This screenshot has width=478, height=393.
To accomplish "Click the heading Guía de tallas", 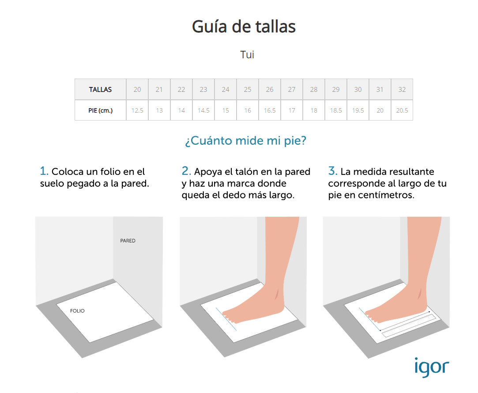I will coord(244,27).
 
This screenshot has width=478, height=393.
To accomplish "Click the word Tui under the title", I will coord(247,55).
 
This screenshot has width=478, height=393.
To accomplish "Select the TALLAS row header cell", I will coord(100,90).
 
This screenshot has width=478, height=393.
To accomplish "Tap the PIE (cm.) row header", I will coord(100,110).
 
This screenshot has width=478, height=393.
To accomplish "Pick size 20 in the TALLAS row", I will coord(137,90).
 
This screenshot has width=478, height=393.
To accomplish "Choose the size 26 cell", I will coord(270,90).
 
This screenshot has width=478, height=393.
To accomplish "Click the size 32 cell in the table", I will coord(402,90).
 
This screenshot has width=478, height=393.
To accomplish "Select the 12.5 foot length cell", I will coord(137,110).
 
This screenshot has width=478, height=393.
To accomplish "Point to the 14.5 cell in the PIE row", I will coord(203,110).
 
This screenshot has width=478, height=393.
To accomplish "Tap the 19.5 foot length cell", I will coord(358,110).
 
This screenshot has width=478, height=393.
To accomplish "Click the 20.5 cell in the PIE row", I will coord(402,110).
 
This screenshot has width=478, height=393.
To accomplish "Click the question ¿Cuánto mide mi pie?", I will coord(245,141).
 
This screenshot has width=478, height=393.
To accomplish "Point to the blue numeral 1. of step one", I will coord(44,171).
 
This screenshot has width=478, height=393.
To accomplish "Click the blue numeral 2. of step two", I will coord(186,171).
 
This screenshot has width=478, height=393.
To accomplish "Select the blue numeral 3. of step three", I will coord(333,171).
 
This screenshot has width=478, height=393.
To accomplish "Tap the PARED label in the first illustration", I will coord(128,241).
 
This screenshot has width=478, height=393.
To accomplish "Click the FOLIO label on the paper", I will coord(77,311).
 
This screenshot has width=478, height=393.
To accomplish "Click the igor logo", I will coord(431,367).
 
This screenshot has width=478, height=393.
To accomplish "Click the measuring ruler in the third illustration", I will coord(406,324).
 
